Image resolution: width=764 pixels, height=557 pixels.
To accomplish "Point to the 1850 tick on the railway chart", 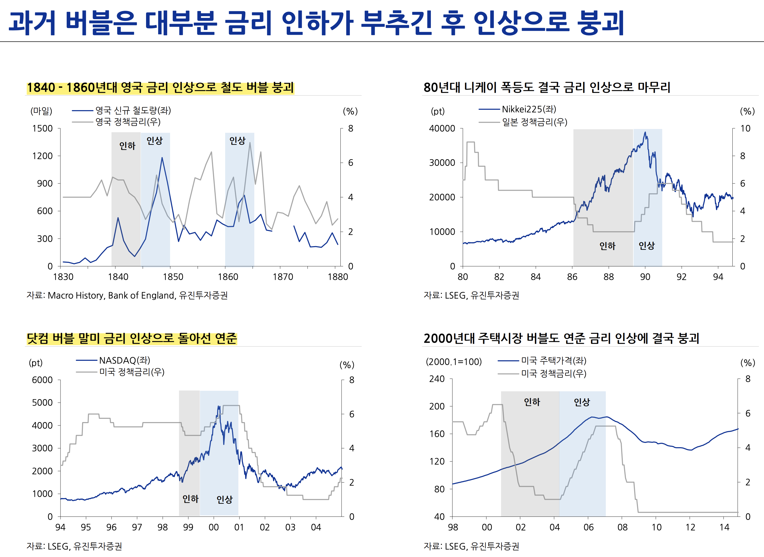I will coord(173,277).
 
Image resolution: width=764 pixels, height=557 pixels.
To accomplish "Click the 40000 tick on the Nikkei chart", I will coord(442,128).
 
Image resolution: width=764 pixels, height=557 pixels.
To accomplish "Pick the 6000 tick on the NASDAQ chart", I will coord(42,380).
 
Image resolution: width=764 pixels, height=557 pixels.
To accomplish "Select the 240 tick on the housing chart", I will coord(437,379).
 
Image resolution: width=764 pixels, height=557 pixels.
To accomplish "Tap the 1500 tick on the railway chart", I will coord(42,128).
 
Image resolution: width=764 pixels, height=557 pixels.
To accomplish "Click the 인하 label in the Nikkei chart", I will coord(607,246).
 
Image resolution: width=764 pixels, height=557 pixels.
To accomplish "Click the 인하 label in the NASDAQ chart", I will coord(191,499).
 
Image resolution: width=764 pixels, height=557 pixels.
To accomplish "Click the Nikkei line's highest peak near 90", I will coord(645,132).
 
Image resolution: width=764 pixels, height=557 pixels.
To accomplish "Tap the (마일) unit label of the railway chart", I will coord(41,111).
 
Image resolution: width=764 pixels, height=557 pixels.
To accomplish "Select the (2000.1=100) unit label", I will coord(454,362).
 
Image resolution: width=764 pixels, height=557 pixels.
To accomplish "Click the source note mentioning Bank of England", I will coord(127,295).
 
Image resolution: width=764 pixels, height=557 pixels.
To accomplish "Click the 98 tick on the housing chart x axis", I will coord(453,527).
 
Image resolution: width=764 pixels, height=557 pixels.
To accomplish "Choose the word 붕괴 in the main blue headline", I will coord(600,23).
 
